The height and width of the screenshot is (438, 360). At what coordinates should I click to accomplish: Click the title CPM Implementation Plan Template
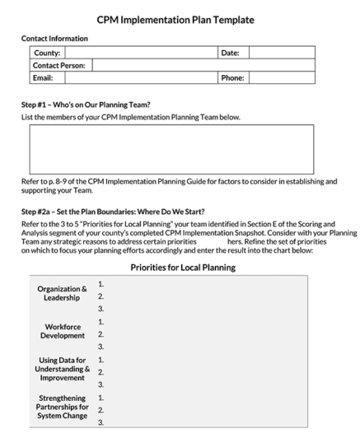click(180, 19)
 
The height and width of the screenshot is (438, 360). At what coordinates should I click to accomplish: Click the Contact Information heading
click(54, 38)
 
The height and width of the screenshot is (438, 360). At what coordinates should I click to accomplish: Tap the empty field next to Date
click(281, 52)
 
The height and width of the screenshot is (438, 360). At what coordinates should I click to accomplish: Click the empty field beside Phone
click(281, 78)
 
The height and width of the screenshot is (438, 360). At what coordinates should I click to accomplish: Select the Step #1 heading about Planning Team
click(91, 105)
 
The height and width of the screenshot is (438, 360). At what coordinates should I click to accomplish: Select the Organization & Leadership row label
click(62, 294)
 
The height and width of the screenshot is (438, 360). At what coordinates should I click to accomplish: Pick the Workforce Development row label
click(63, 331)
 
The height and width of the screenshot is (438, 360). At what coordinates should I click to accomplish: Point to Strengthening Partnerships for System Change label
click(63, 408)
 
